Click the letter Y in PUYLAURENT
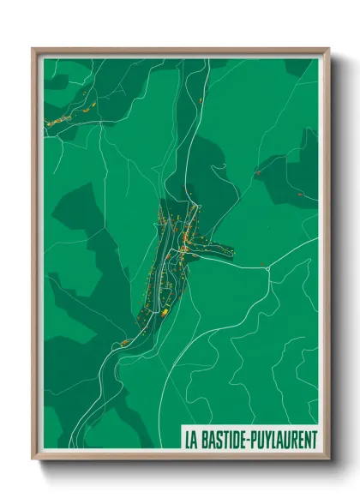coord(266,439)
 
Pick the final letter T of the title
coord(314,439)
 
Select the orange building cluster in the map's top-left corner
coord(62,120)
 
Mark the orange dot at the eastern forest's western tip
coord(256,172)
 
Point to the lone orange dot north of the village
coord(200,100)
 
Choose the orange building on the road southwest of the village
coord(125,343)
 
